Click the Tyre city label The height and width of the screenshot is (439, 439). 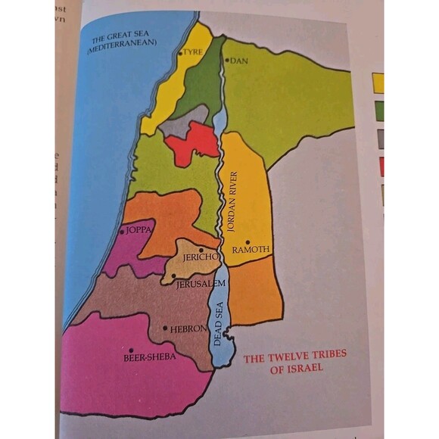[193, 54]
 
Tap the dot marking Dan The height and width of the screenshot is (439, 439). [226, 59]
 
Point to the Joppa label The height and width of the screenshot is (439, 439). [139, 228]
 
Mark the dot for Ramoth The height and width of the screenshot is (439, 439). [248, 241]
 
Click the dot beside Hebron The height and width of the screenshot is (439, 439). [165, 328]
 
